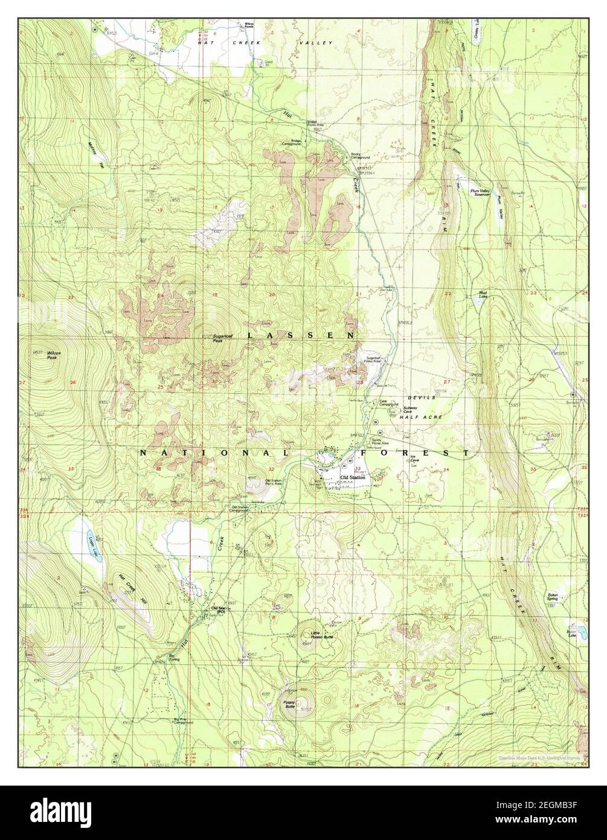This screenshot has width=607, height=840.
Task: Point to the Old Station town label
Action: pos(353,477)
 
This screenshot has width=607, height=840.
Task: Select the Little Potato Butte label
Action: pos(320,635)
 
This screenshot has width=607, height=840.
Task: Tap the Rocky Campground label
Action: pos(360,156)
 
